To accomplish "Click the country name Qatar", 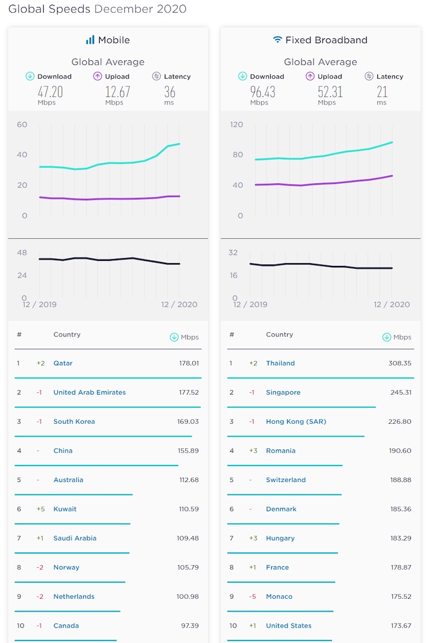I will pyautogui.click(x=63, y=363).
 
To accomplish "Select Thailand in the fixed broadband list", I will pyautogui.click(x=280, y=363).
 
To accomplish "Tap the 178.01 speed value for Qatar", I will pyautogui.click(x=189, y=363).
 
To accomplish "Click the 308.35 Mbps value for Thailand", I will pyautogui.click(x=400, y=363).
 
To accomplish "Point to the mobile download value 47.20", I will pyautogui.click(x=50, y=92).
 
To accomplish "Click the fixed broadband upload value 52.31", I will pyautogui.click(x=330, y=92).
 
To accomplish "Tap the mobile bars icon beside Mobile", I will pyautogui.click(x=90, y=40).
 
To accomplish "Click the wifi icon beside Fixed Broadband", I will pyautogui.click(x=277, y=40).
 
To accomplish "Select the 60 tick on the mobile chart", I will pyautogui.click(x=22, y=125).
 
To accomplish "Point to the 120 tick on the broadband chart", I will pyautogui.click(x=236, y=125).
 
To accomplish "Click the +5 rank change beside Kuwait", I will pyautogui.click(x=41, y=509).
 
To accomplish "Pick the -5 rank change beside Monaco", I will pyautogui.click(x=253, y=597).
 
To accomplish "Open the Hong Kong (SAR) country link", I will pyautogui.click(x=296, y=422).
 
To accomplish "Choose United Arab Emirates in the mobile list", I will pyautogui.click(x=90, y=392).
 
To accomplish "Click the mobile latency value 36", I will pyautogui.click(x=170, y=92).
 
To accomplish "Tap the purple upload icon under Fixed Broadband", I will pyautogui.click(x=310, y=76).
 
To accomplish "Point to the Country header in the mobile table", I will pyautogui.click(x=67, y=335).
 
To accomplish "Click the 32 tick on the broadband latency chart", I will pyautogui.click(x=233, y=253).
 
